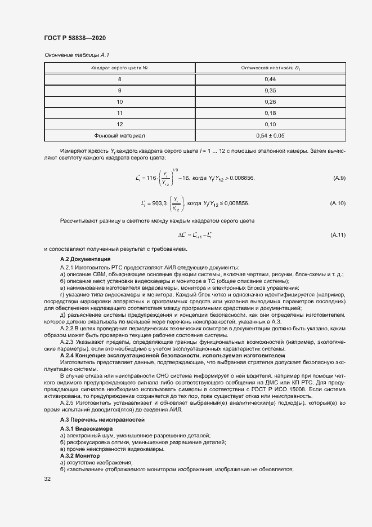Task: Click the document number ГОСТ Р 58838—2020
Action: pos(75,38)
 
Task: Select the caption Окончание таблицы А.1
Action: pos(76,55)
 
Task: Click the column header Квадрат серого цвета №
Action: pos(119,68)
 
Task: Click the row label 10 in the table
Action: pos(119,102)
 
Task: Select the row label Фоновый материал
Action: pos(119,135)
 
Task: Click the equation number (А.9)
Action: pos(339,178)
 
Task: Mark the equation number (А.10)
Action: pos(338,202)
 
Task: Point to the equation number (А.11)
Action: pos(338,234)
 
